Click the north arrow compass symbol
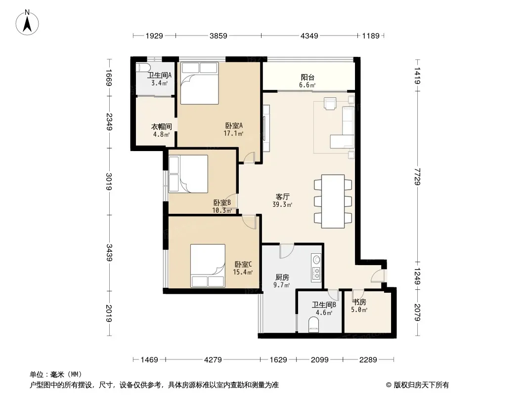(27, 23)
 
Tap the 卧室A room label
(234, 125)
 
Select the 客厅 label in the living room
(283, 197)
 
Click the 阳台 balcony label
(307, 78)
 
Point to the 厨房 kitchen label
(282, 277)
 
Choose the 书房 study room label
(359, 302)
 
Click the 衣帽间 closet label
(161, 126)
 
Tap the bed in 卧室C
(208, 266)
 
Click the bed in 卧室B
(188, 174)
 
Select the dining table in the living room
(333, 201)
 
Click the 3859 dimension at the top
(219, 36)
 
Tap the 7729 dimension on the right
(417, 176)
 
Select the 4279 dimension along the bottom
(213, 360)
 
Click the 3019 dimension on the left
(109, 181)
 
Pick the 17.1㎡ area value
(233, 133)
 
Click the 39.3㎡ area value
(282, 204)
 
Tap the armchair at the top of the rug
(330, 103)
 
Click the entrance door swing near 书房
(377, 276)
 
